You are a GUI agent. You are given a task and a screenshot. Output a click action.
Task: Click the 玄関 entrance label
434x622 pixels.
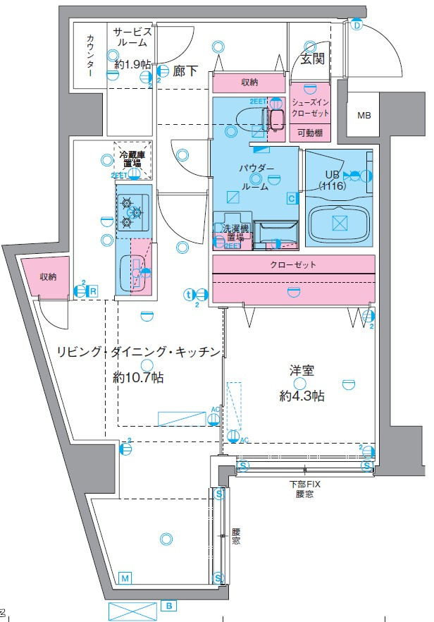point(312,59)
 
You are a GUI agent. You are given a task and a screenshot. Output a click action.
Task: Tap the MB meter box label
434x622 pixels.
point(364,116)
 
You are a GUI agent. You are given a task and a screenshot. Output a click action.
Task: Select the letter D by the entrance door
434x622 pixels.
point(356,26)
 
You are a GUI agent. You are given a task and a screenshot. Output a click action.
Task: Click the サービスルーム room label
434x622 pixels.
point(132,37)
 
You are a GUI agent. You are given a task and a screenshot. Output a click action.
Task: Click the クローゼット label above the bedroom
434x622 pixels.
point(292,265)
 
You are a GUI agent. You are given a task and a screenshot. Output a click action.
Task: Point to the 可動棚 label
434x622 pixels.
point(309,132)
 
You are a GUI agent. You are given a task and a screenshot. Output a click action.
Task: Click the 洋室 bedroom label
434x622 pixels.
point(301,369)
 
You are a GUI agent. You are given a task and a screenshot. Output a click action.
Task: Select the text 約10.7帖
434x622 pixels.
point(139,378)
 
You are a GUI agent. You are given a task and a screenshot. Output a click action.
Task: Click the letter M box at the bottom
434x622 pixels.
point(125,578)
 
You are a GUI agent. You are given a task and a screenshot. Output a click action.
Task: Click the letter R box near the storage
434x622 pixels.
point(92,289)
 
